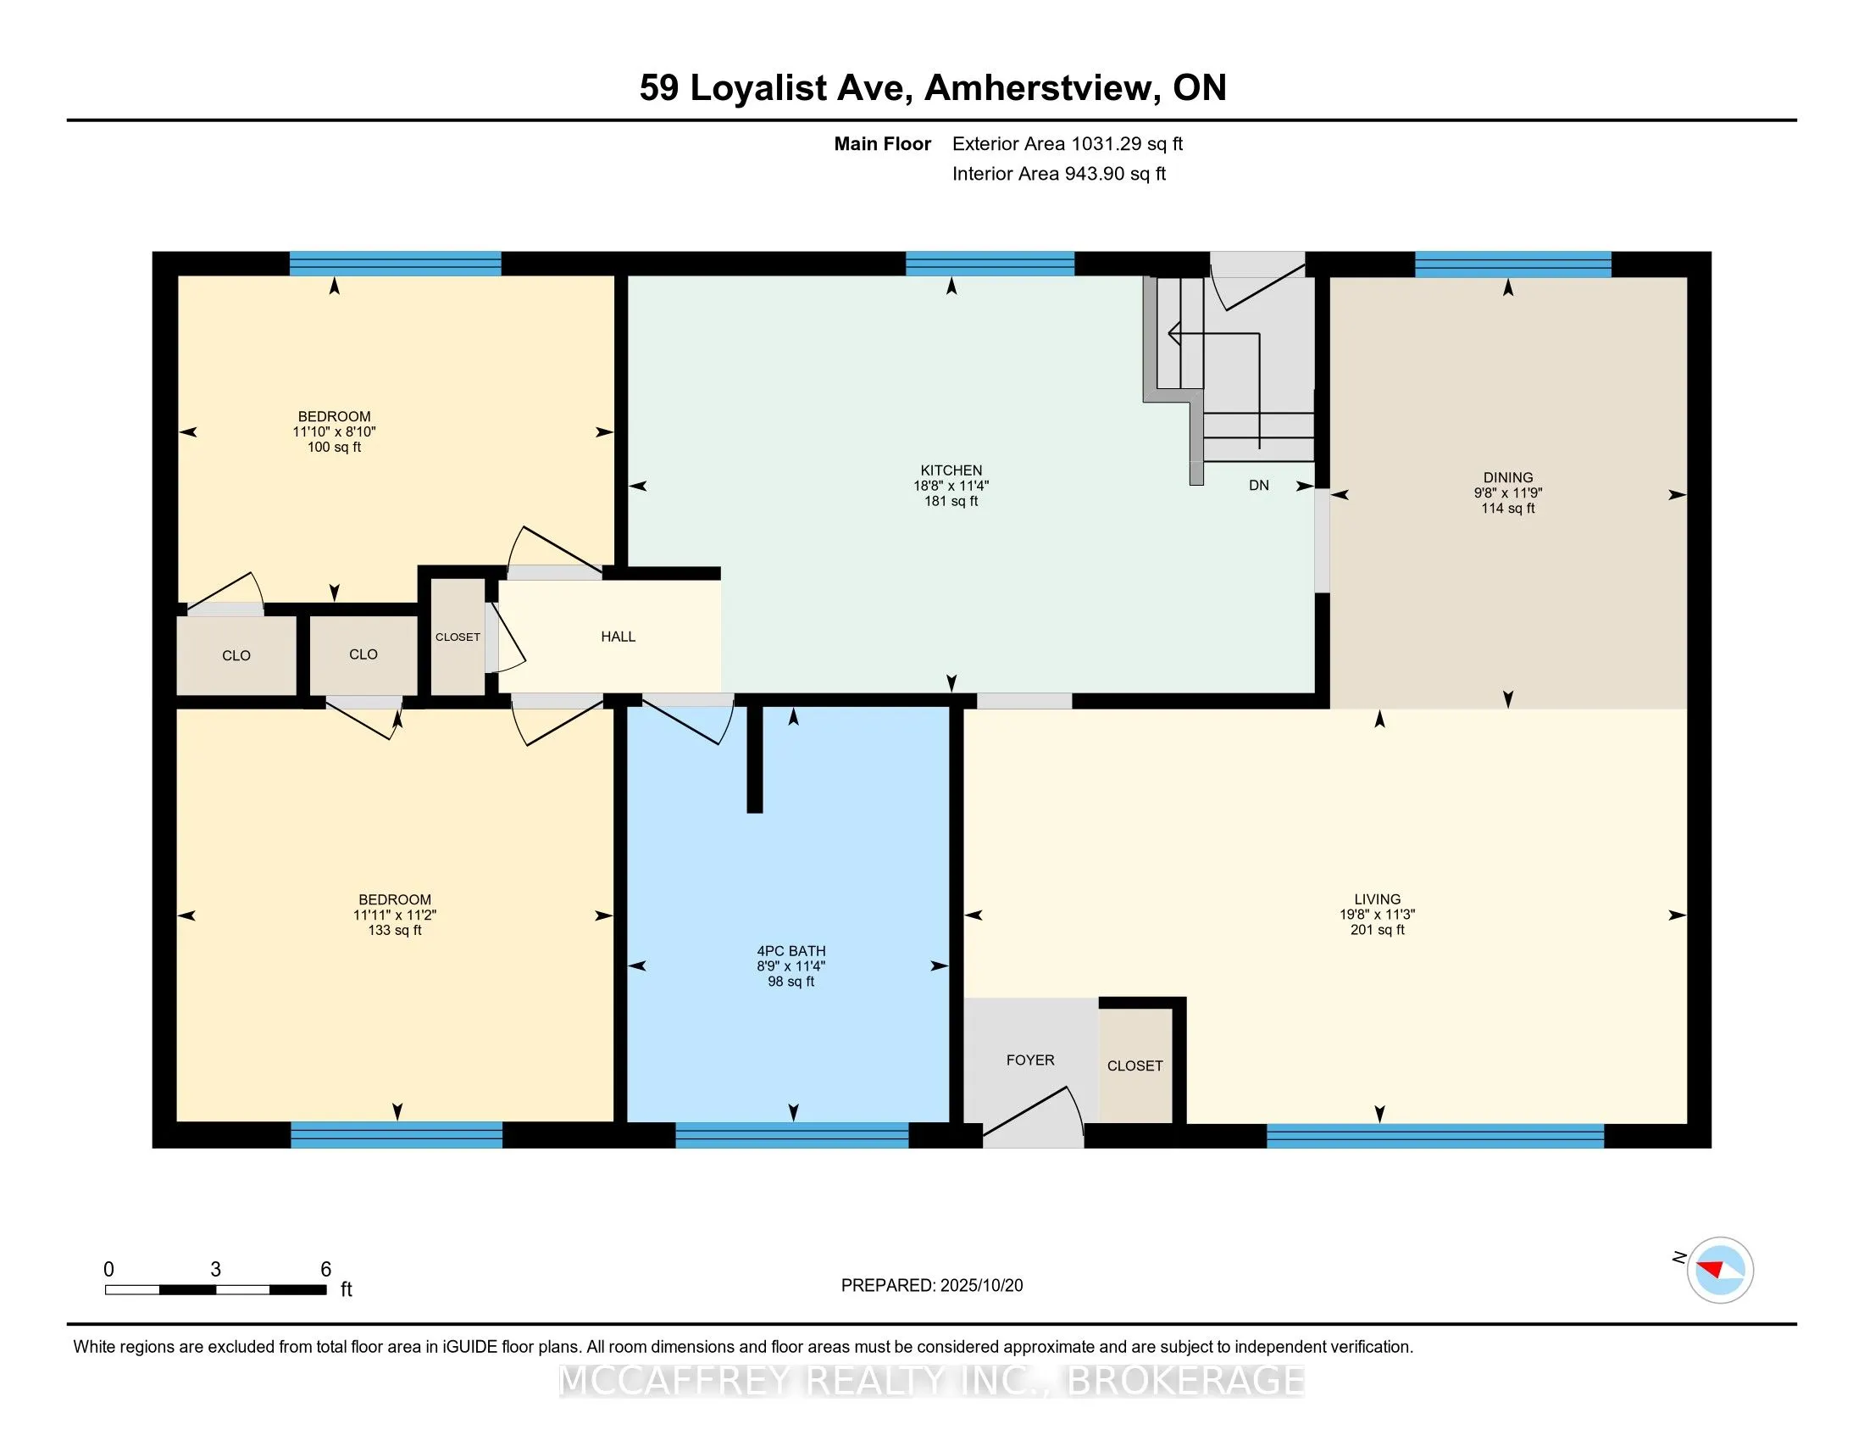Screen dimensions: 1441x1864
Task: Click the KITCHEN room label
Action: coord(951,470)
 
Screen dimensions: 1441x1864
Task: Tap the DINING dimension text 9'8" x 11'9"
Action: coord(1507,492)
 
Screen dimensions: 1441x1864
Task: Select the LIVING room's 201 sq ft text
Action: coord(1377,930)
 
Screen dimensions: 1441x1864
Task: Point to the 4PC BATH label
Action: coord(791,951)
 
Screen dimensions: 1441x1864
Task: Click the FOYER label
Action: coord(1029,1060)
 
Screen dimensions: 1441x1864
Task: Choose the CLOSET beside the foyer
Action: coord(1134,1065)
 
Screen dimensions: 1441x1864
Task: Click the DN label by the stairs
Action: coord(1258,485)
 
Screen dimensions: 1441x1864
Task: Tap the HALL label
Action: coord(618,636)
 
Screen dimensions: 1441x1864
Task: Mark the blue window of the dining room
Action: coord(1512,264)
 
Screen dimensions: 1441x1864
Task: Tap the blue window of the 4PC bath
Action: coord(791,1134)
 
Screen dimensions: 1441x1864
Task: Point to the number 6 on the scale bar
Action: coord(325,1270)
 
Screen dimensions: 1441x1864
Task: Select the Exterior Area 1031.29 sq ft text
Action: coord(1067,143)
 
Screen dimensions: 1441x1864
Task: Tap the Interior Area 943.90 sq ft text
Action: coord(1058,173)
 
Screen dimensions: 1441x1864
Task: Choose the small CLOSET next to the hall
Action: coord(458,637)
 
